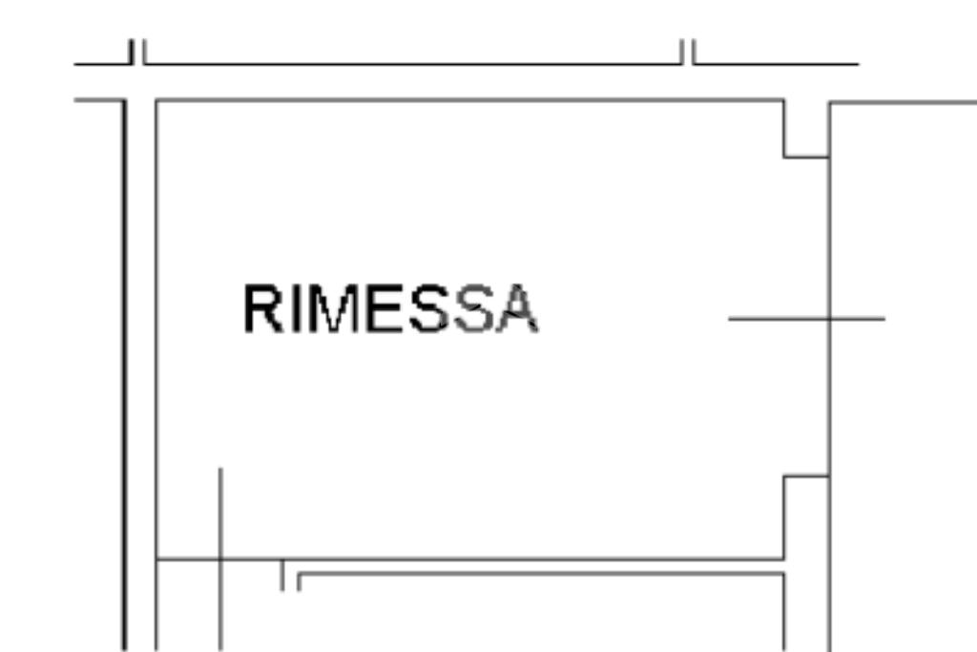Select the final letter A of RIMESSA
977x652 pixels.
tap(516, 308)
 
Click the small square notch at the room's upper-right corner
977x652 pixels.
tap(806, 129)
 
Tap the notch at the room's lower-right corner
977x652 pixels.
tap(806, 517)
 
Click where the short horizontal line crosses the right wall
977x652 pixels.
tap(829, 319)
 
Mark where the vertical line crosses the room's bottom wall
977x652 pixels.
tap(220, 559)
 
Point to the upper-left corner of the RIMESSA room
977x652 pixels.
tap(156, 99)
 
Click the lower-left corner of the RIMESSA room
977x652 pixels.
tap(156, 559)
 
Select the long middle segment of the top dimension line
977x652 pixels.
tap(413, 64)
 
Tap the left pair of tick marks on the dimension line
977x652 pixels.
tap(137, 52)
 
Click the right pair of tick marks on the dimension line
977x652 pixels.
tap(688, 52)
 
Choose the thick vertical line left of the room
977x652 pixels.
tap(125, 375)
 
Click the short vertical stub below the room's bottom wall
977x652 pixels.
tap(282, 575)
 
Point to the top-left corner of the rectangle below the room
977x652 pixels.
tap(299, 573)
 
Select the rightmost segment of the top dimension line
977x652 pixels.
tap(776, 64)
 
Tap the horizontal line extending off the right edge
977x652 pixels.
tap(903, 102)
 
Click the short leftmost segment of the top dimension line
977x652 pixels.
tap(103, 64)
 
